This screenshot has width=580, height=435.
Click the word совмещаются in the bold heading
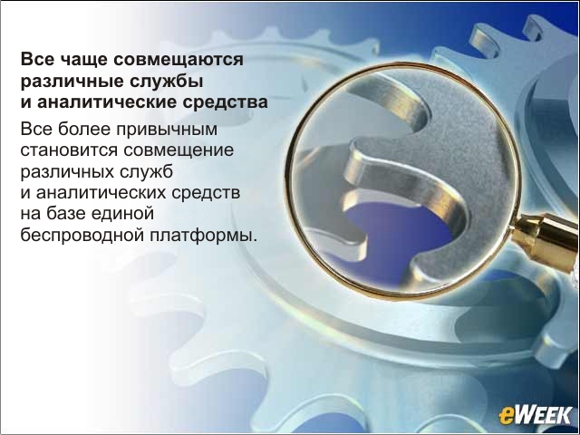tap(179, 60)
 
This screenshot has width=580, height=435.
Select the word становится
tap(69, 150)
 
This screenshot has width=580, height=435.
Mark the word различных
tap(67, 172)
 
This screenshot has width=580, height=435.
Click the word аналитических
tap(101, 193)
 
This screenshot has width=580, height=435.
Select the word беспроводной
tap(82, 235)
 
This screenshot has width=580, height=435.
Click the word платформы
tap(203, 236)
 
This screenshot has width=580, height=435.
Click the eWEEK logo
tap(535, 415)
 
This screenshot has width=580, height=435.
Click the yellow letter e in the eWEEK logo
tap(506, 417)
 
